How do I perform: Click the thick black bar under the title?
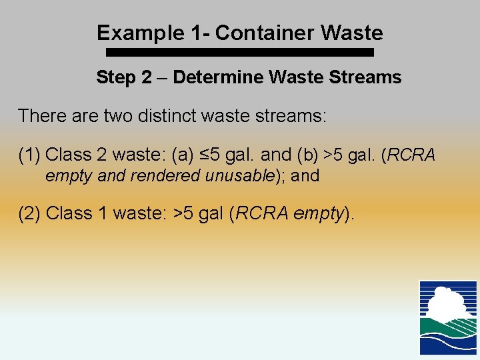(236, 52)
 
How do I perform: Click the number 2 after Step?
(146, 77)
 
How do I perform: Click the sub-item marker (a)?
(182, 155)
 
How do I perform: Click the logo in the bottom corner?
(447, 317)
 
